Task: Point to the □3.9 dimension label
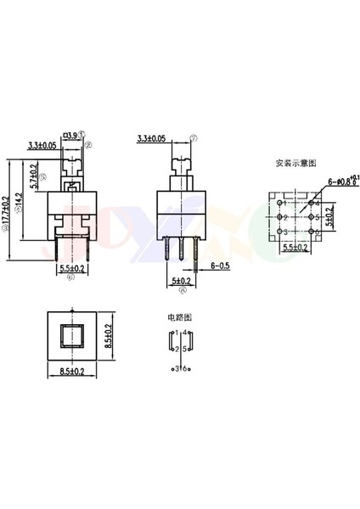pyautogui.click(x=71, y=134)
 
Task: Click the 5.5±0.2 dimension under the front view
pyautogui.click(x=72, y=269)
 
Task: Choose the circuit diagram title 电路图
pyautogui.click(x=179, y=316)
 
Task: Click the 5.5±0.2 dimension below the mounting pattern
pyautogui.click(x=293, y=247)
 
